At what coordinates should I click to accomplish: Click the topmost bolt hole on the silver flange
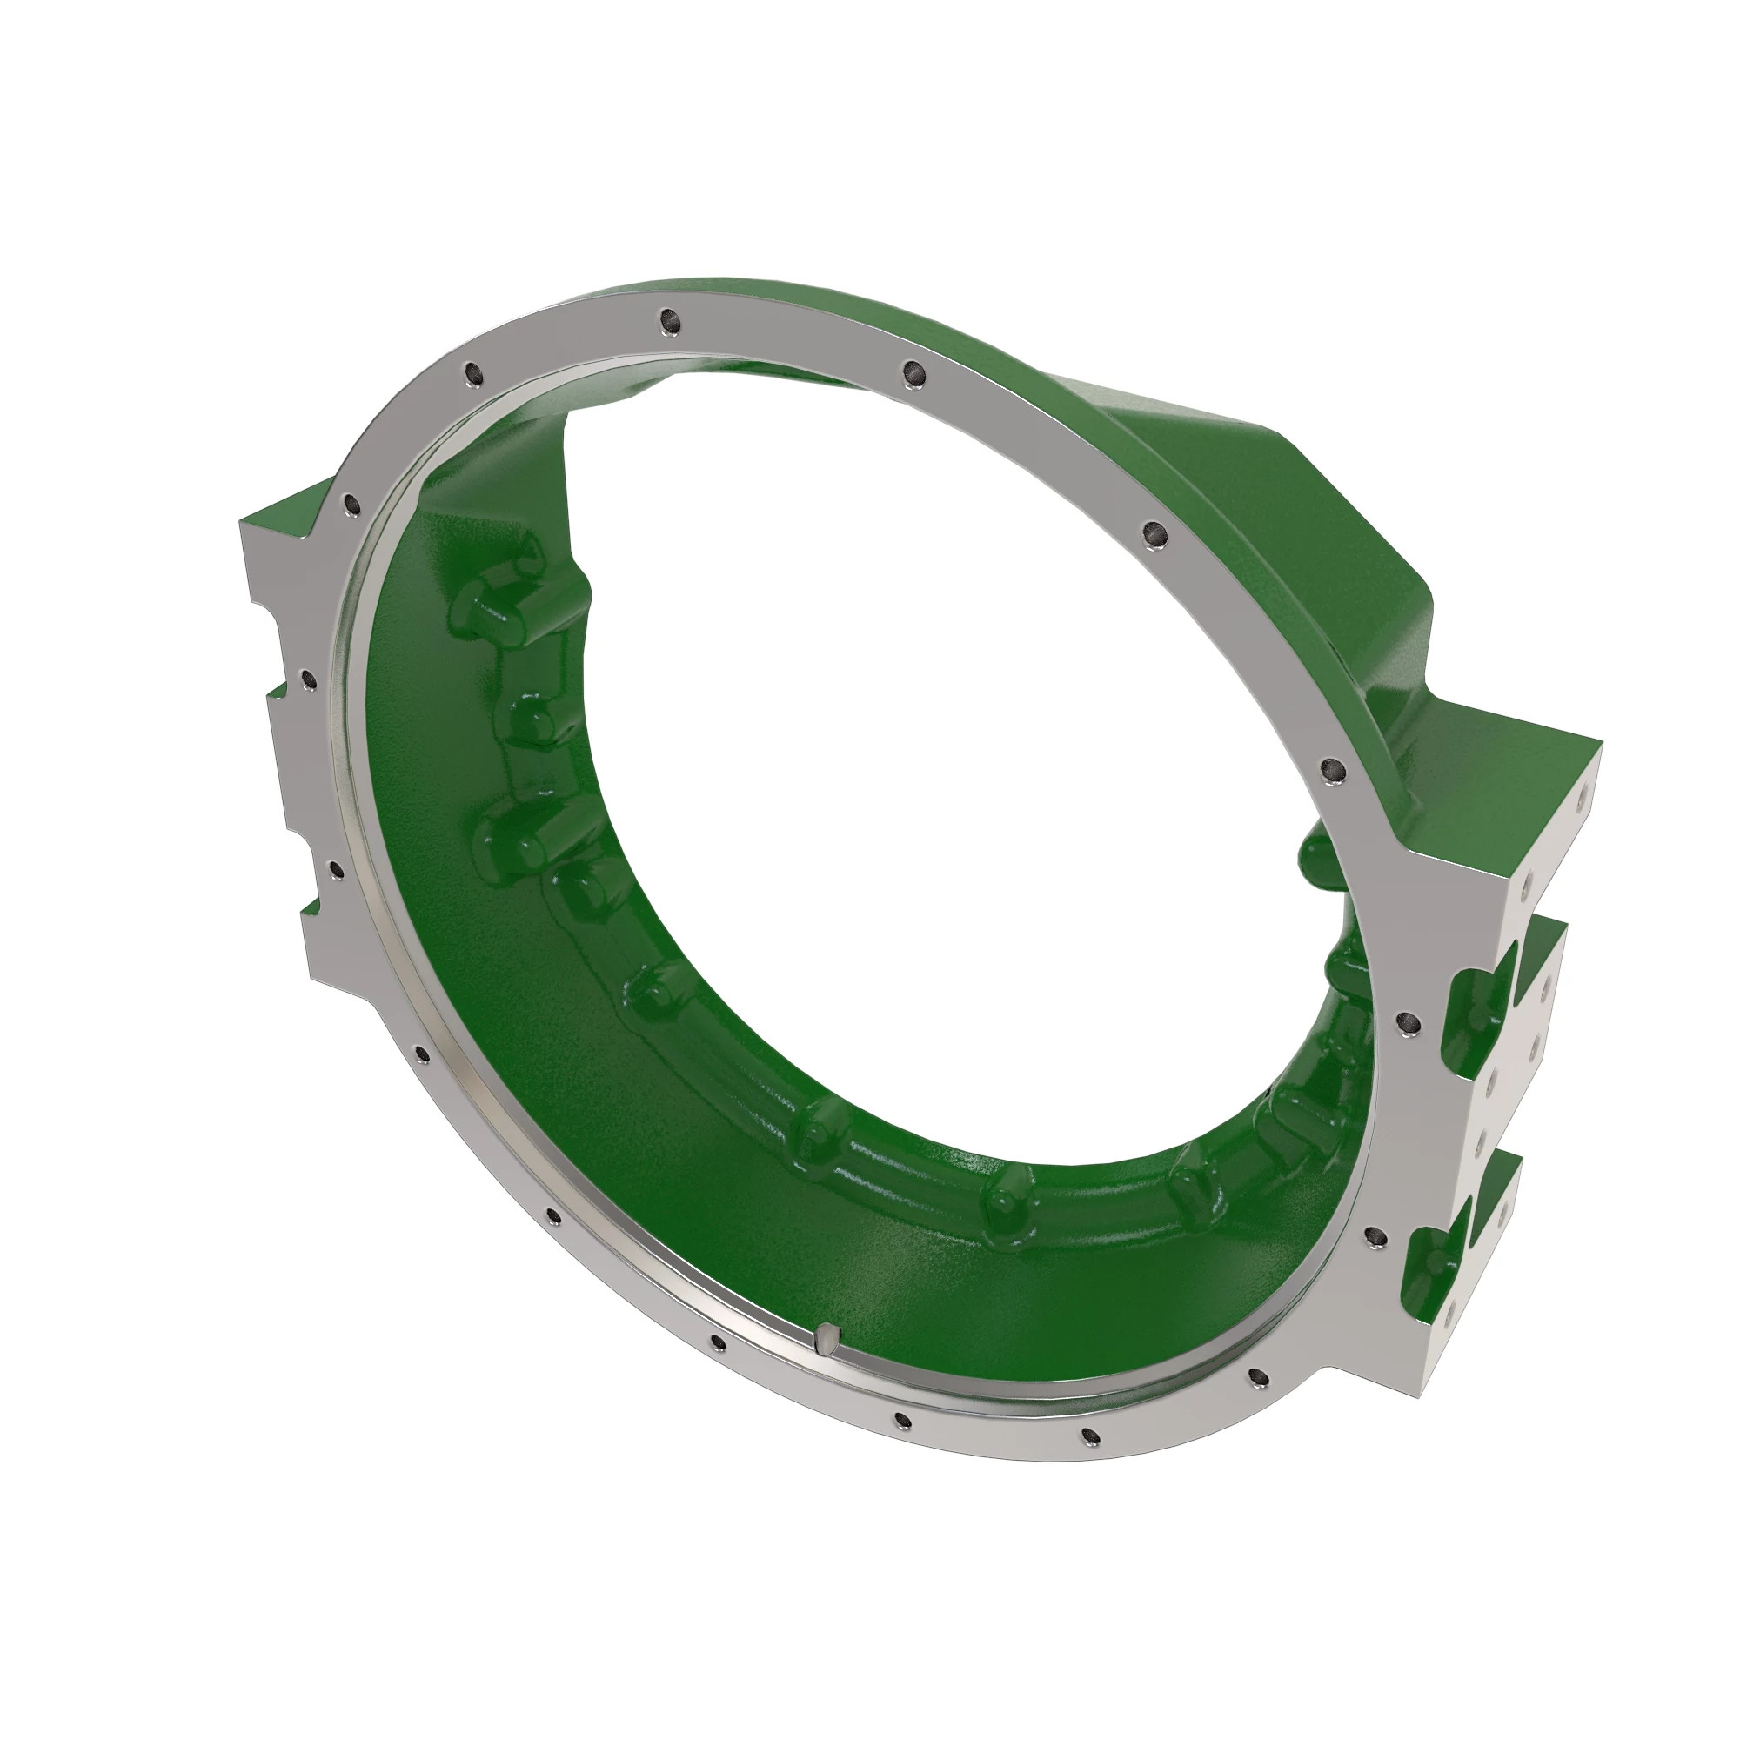point(667,318)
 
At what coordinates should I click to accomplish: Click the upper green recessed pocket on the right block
point(1478,1014)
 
